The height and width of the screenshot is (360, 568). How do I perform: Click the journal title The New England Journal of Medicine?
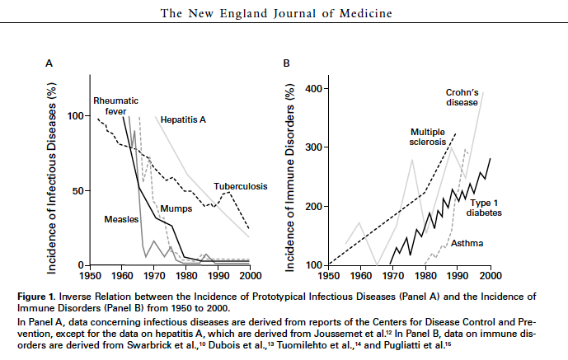(x=284, y=12)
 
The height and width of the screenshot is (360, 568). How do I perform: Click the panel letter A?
(x=49, y=63)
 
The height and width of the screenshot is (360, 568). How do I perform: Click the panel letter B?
(x=286, y=63)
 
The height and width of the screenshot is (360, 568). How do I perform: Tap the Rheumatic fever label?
(x=115, y=105)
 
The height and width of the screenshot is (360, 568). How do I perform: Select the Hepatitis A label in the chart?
(x=183, y=119)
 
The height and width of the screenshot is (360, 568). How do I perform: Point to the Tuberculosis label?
(x=241, y=187)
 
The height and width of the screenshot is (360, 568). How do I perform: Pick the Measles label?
(x=120, y=220)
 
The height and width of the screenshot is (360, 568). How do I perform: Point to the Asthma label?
(x=467, y=243)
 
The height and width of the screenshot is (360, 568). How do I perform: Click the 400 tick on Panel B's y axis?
(x=314, y=89)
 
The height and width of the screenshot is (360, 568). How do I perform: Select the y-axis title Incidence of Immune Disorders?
(x=290, y=176)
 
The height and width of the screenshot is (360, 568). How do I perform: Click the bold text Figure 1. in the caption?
(x=66, y=295)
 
